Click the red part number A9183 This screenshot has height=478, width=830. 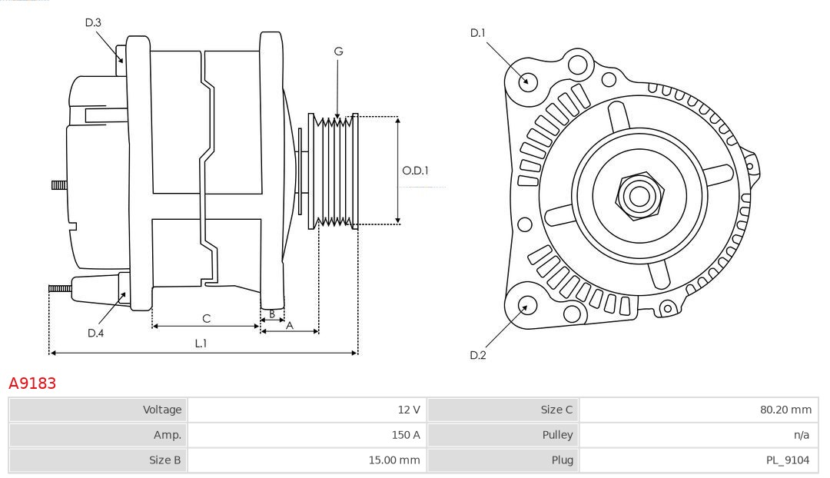tap(32, 383)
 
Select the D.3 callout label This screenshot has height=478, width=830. tap(93, 23)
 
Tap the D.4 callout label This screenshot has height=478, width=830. tap(95, 333)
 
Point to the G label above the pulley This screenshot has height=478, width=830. tap(338, 51)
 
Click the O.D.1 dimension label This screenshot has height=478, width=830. tap(416, 171)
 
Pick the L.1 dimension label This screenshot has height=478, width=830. tap(200, 344)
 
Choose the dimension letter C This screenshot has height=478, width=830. tap(206, 318)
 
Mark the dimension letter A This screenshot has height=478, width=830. tap(289, 325)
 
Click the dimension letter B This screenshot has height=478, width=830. tap(271, 314)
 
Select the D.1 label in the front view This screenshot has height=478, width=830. tap(478, 33)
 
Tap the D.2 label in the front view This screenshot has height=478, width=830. tap(478, 355)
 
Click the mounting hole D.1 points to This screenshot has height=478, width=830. tap(528, 81)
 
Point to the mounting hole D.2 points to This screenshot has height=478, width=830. tap(526, 306)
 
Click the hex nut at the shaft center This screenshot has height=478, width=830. tap(639, 195)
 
